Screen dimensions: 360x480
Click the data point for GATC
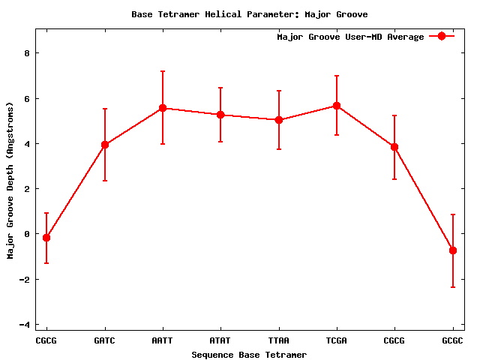(x=105, y=145)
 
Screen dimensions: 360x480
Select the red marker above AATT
(x=163, y=108)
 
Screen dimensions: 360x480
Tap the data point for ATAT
(x=220, y=115)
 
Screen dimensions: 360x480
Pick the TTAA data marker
(x=279, y=120)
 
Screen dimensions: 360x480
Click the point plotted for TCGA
(x=337, y=106)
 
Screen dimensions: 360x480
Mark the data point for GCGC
(x=453, y=250)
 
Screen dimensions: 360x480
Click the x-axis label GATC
(x=105, y=340)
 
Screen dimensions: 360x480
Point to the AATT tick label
(x=163, y=340)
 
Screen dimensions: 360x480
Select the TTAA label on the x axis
(x=279, y=340)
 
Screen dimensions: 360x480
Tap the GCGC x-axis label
(x=453, y=340)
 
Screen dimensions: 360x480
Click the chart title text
(x=249, y=14)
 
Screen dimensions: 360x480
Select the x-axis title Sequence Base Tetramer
(x=249, y=355)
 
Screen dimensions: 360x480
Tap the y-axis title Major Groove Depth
(x=10, y=180)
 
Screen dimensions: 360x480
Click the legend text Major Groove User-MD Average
(x=350, y=37)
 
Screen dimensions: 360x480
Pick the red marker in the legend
(x=442, y=37)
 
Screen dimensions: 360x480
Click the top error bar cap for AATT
(x=163, y=71)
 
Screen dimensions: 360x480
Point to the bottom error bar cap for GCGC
(x=453, y=287)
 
